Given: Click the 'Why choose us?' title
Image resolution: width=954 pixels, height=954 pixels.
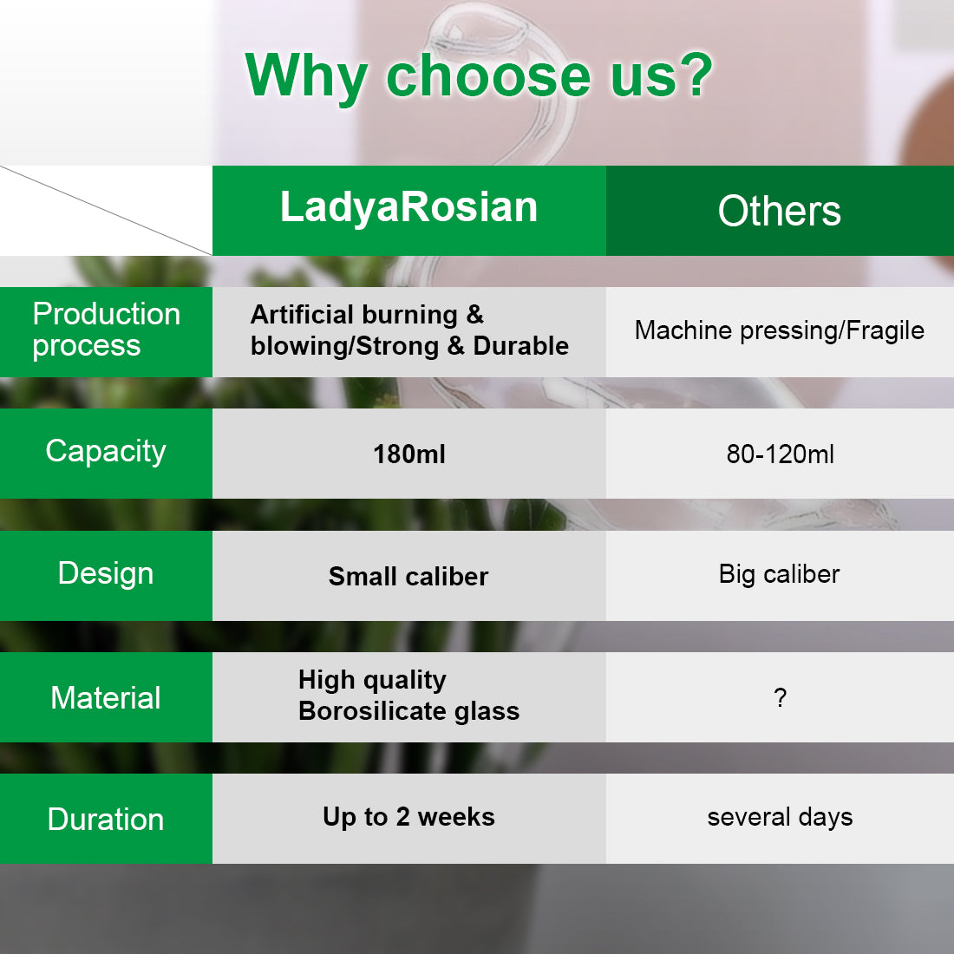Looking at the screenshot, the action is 479,76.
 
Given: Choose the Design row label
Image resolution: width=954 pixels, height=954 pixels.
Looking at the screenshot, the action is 106,574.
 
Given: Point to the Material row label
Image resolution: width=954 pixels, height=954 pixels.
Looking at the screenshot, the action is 106,697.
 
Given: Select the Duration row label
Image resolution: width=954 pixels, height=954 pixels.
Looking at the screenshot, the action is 106,819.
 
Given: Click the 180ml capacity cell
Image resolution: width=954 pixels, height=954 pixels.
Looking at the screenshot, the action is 408,454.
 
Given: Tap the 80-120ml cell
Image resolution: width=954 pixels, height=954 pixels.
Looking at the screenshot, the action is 780,454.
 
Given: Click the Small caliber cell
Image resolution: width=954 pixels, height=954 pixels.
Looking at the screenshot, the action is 408,576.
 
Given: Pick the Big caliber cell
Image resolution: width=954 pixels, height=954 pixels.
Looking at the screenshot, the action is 780,574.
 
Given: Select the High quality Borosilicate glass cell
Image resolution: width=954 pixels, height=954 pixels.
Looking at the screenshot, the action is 408,696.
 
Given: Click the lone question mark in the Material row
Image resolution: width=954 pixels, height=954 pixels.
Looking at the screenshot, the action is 781,697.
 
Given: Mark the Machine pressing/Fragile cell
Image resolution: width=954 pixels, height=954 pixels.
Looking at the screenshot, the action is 780,331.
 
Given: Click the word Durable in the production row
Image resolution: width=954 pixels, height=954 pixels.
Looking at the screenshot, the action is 521,345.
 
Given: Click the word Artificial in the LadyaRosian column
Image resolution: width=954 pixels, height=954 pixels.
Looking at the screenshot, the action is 302,315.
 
